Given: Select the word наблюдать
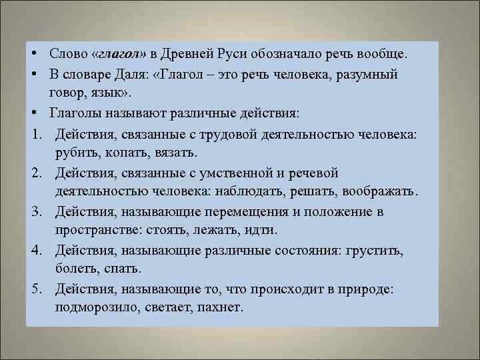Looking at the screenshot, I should (x=248, y=193).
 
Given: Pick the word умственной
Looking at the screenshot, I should (x=237, y=173).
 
